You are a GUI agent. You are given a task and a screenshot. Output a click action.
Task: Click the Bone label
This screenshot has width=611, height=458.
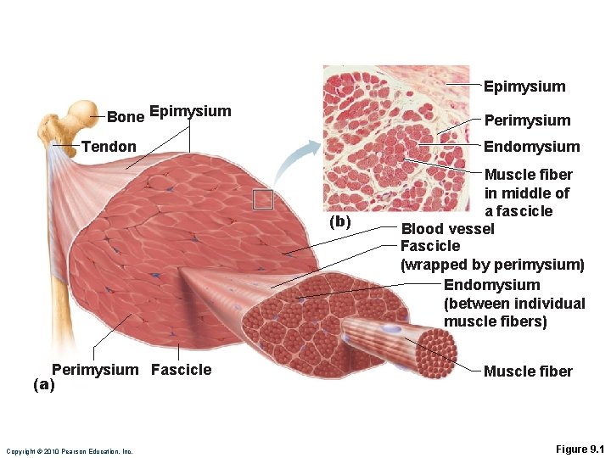pos(125,115)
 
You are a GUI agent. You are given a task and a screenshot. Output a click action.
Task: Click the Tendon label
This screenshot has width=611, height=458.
pos(109,147)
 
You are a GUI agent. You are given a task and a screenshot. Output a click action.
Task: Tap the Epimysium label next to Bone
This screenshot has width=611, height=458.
pos(190,111)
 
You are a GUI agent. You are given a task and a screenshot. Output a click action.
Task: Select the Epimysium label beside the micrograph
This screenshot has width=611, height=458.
pos(524,87)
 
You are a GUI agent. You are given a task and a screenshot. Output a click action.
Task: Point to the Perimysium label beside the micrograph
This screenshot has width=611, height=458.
pos(527,120)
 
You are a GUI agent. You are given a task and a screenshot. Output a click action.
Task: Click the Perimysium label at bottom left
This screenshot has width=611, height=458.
pos(94,370)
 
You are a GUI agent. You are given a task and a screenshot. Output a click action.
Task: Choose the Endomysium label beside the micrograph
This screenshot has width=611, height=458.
pos(532,147)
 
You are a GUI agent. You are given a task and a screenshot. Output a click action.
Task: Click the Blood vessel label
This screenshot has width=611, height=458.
pos(447,229)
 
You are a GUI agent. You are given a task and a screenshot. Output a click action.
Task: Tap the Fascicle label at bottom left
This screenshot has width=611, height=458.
pos(182,370)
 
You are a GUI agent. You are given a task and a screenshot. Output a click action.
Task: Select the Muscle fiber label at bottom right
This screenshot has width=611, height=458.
pos(528,371)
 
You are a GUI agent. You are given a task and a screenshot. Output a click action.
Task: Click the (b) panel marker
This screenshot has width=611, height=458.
pos(340,222)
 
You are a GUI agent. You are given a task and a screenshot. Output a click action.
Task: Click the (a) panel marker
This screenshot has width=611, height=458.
pos(43,384)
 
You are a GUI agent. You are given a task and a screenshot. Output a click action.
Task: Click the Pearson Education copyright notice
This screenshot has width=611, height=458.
pos(70,451)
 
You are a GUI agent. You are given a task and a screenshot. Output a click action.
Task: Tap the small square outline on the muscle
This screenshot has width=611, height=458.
pos(263,198)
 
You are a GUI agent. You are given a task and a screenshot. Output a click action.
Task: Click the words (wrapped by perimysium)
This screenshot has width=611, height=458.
pos(492,265)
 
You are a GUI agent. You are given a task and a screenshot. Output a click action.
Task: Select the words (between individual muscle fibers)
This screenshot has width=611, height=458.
pos(514,313)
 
